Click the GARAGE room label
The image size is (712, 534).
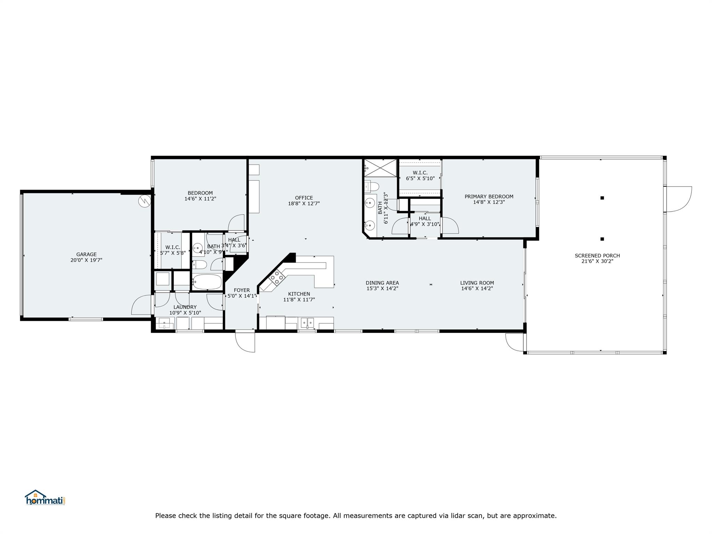point(86,254)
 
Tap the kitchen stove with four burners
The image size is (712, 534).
point(277,278)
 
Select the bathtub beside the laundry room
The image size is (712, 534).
point(207,282)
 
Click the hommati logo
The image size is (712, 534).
point(45,498)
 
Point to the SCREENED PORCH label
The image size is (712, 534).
point(597,256)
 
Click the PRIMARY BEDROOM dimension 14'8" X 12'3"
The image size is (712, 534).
point(489,202)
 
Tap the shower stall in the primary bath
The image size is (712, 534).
point(381,168)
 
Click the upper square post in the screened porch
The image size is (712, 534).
point(602,198)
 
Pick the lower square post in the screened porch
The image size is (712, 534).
point(602,239)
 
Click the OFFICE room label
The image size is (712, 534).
point(304,198)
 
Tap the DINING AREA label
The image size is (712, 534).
point(382,283)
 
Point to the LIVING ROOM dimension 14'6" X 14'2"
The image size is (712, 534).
point(477,289)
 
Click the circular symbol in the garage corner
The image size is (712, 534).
point(144,201)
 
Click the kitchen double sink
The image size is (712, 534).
point(307,323)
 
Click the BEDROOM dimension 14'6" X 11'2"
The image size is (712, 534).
point(200,199)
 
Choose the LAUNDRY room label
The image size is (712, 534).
point(185,307)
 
